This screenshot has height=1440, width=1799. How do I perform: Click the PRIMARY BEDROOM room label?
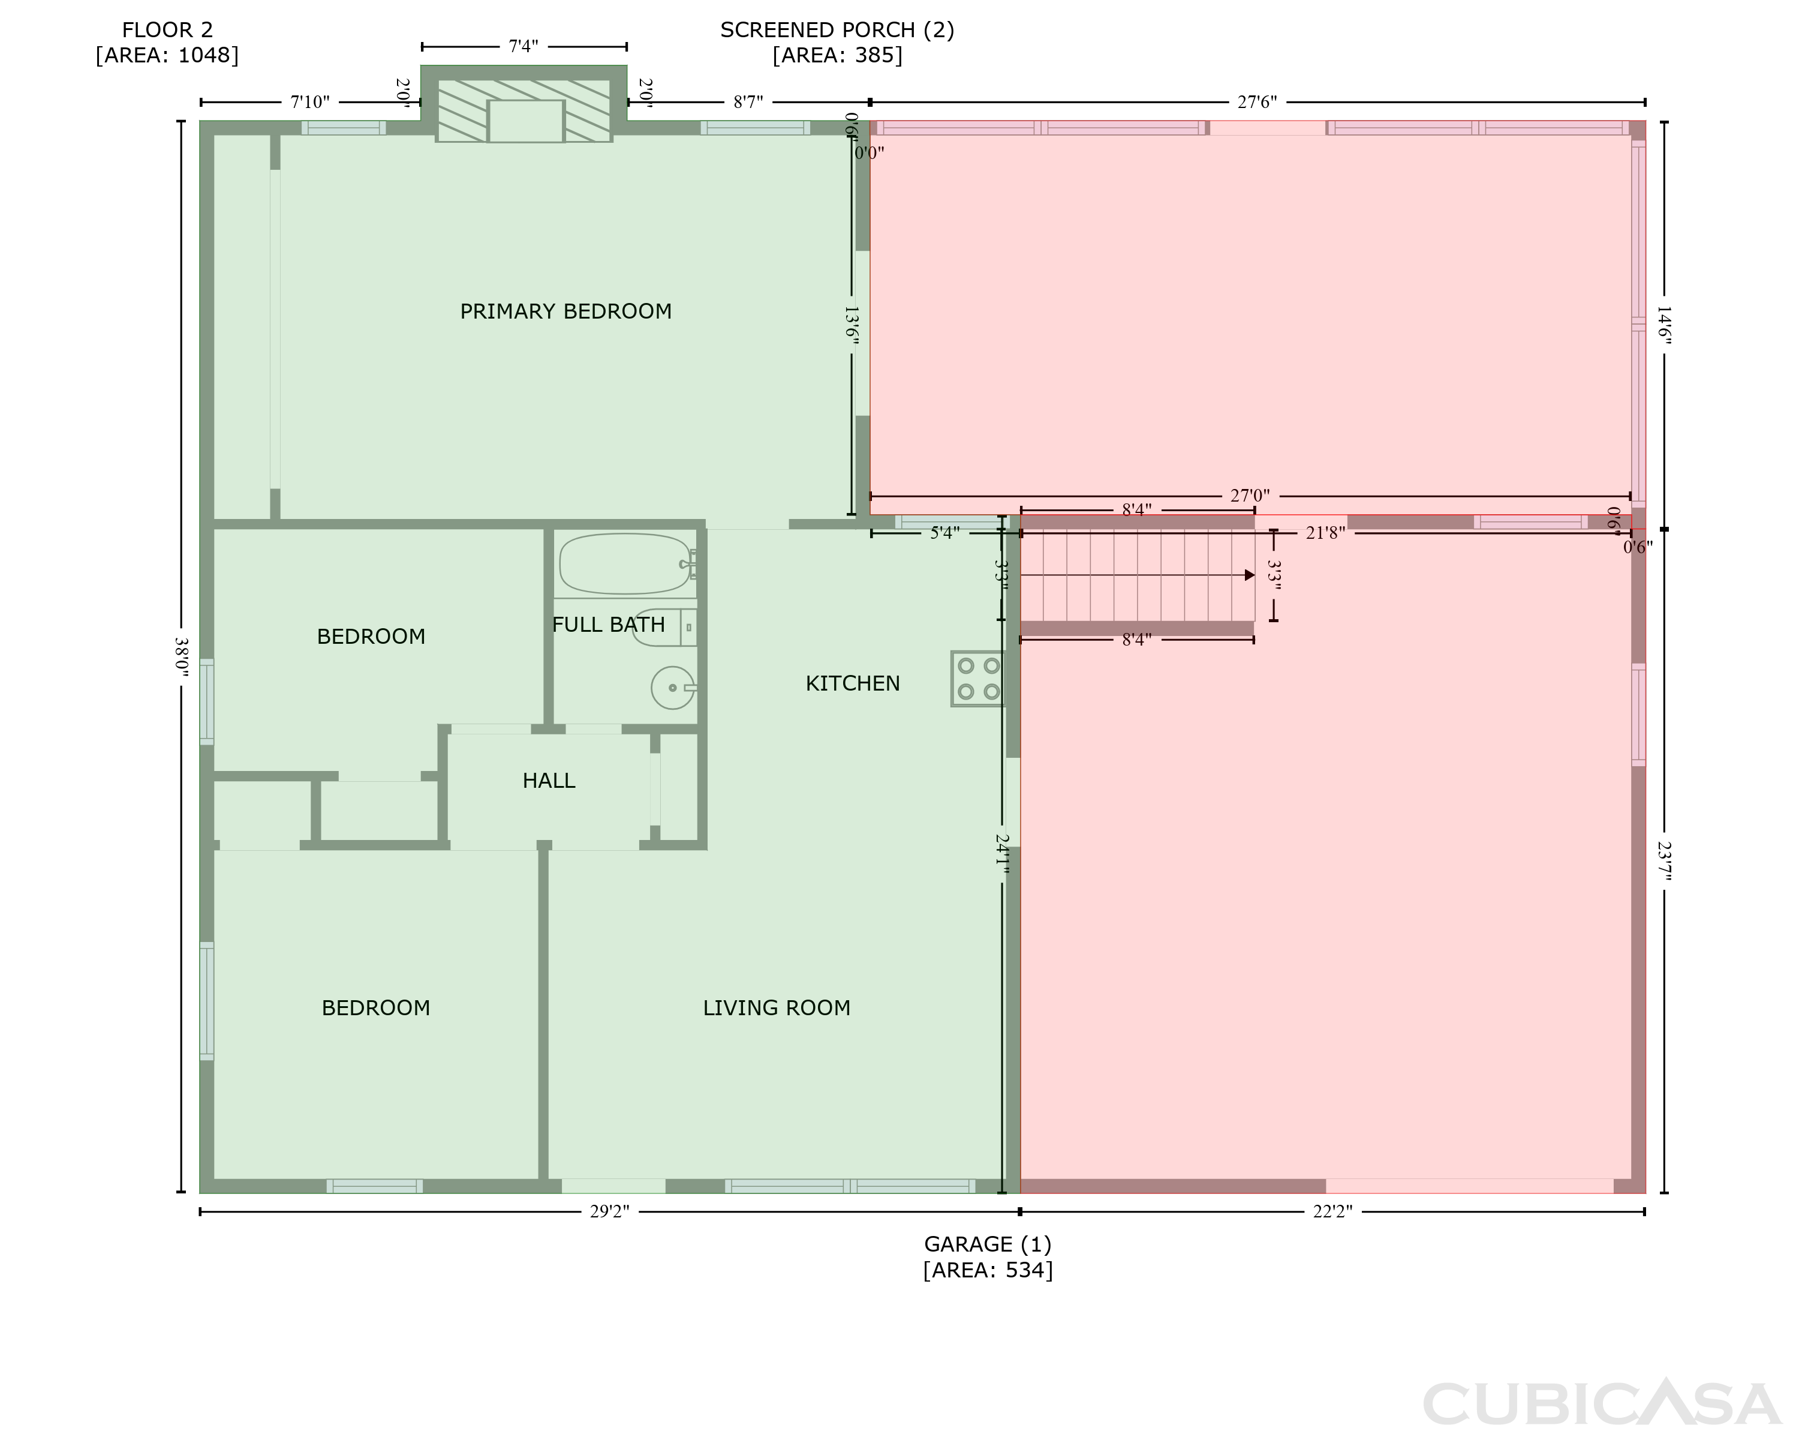(565, 311)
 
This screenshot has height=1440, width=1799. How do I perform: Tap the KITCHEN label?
(853, 683)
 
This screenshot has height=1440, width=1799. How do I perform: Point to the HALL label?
(549, 781)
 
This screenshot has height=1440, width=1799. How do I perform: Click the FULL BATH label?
(609, 625)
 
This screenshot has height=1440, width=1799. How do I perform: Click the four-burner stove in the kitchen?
(979, 679)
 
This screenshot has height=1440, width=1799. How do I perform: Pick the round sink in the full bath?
(673, 688)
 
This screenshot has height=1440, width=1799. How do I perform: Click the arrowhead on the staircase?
(1249, 575)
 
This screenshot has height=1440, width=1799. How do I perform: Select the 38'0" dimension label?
(181, 658)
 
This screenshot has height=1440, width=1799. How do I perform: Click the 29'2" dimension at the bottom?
(609, 1211)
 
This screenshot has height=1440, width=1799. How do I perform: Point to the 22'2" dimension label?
(1332, 1211)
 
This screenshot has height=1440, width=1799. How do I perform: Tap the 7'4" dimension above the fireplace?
(524, 46)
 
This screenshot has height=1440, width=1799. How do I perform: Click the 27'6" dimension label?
(1258, 102)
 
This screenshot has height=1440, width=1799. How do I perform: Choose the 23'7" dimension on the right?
(1664, 860)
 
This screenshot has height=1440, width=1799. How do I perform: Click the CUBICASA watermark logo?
(1602, 1404)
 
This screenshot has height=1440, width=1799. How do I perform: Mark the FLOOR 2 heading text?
(168, 30)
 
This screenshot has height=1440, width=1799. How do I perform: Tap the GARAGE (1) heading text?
(988, 1244)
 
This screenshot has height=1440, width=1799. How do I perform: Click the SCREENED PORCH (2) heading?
(837, 30)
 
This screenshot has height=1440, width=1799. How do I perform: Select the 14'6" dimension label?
(1664, 326)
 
